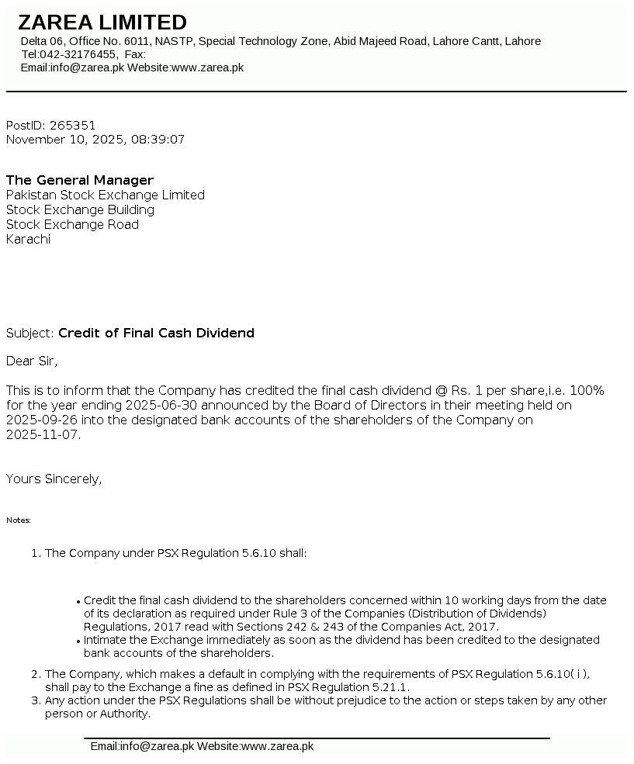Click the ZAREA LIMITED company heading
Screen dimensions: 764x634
point(102,22)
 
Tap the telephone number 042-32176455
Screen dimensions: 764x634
point(80,54)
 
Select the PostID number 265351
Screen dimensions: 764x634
point(72,125)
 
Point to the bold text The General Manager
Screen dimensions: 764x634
point(80,180)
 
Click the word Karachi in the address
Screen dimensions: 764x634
point(28,239)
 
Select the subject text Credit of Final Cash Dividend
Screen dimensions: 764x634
point(156,333)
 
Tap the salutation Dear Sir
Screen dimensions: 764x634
point(32,361)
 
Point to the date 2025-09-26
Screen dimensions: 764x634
point(39,420)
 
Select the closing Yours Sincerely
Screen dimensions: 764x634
point(54,479)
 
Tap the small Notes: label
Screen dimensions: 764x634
point(19,520)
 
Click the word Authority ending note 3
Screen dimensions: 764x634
point(123,714)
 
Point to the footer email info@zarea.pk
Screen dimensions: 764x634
point(156,746)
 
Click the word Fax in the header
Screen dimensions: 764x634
point(133,54)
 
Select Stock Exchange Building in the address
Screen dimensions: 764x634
point(80,209)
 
